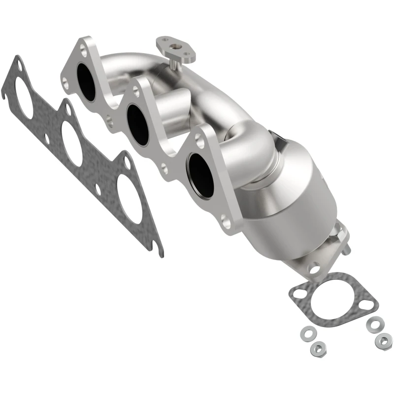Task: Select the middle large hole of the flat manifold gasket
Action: pos(72,143)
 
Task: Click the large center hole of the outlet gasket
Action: pos(332,298)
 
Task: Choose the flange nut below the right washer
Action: pos(383,340)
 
